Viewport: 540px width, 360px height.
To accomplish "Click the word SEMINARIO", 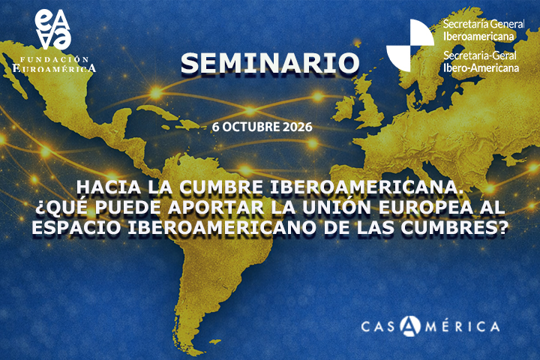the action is (270, 63).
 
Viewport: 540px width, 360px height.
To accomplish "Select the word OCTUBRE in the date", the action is (250, 127).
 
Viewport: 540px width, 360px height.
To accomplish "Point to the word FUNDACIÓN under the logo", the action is (54, 59).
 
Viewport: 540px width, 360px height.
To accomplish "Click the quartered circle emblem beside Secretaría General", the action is (409, 45).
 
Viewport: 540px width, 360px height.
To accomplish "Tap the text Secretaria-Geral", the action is (480, 55).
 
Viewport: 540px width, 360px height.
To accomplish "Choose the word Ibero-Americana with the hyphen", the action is (481, 67).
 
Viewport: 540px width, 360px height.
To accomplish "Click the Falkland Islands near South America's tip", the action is (215, 342).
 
